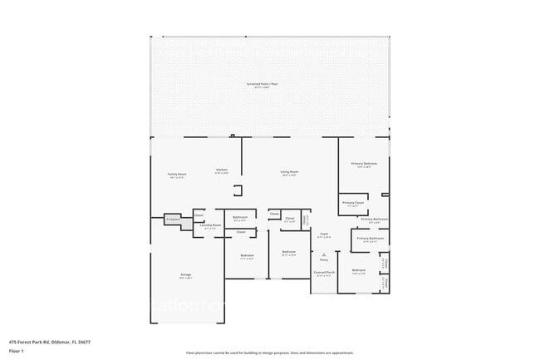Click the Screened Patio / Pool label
point(269,85)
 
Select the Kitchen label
point(222,170)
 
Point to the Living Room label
point(289,173)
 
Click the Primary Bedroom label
point(364,164)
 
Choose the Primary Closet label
point(353,203)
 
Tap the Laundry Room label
point(210,225)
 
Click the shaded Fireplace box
point(174,219)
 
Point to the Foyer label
point(324,234)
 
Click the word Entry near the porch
point(324,259)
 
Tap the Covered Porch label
point(324,272)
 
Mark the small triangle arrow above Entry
point(324,253)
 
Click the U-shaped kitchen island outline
point(238,189)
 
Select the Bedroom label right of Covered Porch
point(359,270)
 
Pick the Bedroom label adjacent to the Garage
point(247,255)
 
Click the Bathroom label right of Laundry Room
point(240,218)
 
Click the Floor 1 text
point(17,350)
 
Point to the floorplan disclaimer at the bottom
point(269,353)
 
